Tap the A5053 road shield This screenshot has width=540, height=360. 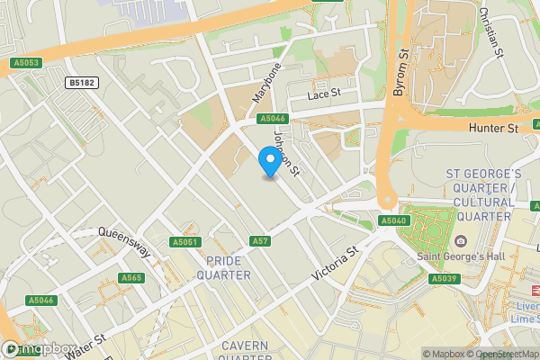point(27,63)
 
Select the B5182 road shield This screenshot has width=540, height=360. point(81,82)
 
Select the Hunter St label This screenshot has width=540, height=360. point(493,129)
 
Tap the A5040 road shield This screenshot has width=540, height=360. point(393,220)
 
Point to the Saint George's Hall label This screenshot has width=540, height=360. point(463,256)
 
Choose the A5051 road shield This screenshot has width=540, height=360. point(184,242)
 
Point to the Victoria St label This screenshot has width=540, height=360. point(334,260)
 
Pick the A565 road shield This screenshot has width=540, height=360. point(131,278)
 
